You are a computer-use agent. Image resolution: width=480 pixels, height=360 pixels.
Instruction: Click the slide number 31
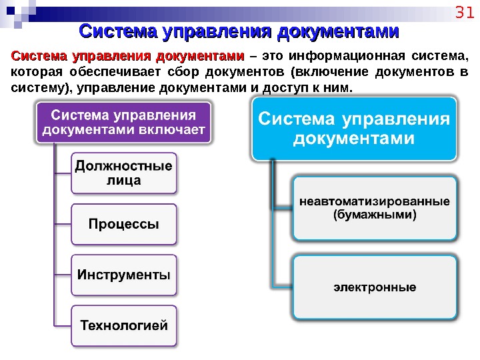[x=462, y=13]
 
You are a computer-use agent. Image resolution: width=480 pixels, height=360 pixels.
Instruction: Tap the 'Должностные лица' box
[x=124, y=173]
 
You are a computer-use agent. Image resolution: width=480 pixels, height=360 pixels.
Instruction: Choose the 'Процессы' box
[x=124, y=224]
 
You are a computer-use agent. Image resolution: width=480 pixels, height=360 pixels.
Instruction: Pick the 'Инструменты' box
[x=124, y=275]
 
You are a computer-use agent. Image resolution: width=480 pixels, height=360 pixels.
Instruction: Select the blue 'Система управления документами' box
[x=354, y=129]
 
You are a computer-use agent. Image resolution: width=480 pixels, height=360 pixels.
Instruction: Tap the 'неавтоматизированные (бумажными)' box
[x=374, y=208]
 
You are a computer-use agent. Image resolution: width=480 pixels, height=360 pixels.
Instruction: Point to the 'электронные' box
[x=374, y=287]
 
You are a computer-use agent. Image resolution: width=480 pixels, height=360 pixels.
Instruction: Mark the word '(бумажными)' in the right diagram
[x=374, y=215]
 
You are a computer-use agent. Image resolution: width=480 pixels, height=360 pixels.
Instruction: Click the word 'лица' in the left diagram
[x=124, y=180]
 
